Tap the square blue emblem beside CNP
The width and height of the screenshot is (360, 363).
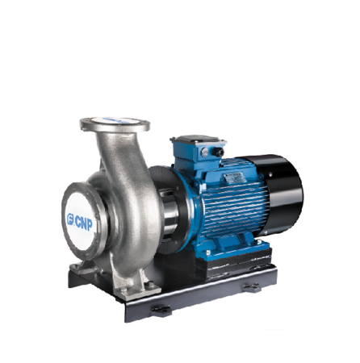pyautogui.click(x=70, y=219)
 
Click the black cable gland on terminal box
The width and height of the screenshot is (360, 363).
pyautogui.click(x=218, y=152)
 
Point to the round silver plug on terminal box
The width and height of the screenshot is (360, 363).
pyautogui.click(x=205, y=152)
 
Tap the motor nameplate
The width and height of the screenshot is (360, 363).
pyautogui.click(x=233, y=177)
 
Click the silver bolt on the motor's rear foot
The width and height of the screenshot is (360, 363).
pyautogui.click(x=259, y=242)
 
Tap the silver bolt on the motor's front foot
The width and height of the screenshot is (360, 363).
pyautogui.click(x=208, y=252)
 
